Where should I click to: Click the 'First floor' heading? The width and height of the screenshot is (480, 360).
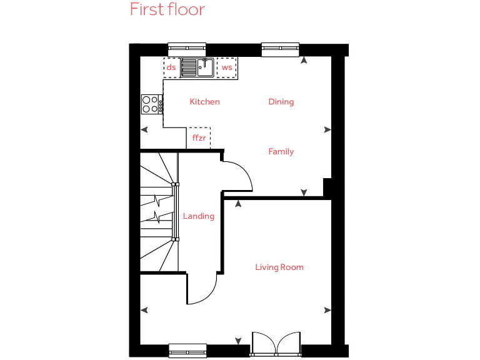coord(167,10)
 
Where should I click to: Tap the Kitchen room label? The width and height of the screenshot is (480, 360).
coord(204,102)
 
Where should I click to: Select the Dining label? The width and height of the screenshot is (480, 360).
coord(281,102)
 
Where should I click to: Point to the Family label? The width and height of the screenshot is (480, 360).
coord(281,152)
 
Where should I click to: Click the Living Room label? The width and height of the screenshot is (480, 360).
coord(279,267)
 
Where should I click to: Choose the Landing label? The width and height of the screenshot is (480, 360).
coord(198,216)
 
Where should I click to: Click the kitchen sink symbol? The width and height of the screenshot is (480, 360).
coord(197,67)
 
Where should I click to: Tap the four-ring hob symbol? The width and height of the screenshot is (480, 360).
coord(150,104)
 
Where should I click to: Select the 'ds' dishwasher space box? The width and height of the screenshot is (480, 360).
coord(171,67)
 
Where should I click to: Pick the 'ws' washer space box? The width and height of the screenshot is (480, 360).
coord(227,67)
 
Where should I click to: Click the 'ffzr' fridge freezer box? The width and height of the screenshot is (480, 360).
coord(199,137)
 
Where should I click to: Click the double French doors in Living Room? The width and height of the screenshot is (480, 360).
coord(276,344)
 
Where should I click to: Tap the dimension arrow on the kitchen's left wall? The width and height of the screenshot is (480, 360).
coord(144,130)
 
